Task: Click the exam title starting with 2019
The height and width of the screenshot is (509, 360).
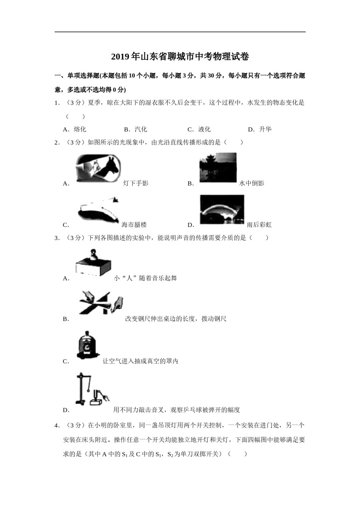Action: point(180,57)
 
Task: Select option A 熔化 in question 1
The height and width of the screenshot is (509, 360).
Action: point(75,130)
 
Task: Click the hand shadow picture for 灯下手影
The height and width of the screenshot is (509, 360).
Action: point(98,169)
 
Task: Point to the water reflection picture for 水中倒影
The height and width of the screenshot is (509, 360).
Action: point(218,168)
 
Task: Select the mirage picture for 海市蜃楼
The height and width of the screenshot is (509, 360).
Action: point(98,211)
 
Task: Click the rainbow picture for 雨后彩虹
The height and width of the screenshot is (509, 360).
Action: point(222,209)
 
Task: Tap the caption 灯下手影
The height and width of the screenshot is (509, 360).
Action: point(136,183)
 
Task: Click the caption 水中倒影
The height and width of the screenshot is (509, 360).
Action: point(252,183)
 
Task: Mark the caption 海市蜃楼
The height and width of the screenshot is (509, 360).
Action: point(134,225)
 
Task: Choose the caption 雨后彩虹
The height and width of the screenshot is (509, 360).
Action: point(259,225)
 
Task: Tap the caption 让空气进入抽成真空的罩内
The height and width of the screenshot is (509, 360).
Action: point(140,361)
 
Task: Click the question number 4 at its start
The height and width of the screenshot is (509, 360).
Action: point(57,426)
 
